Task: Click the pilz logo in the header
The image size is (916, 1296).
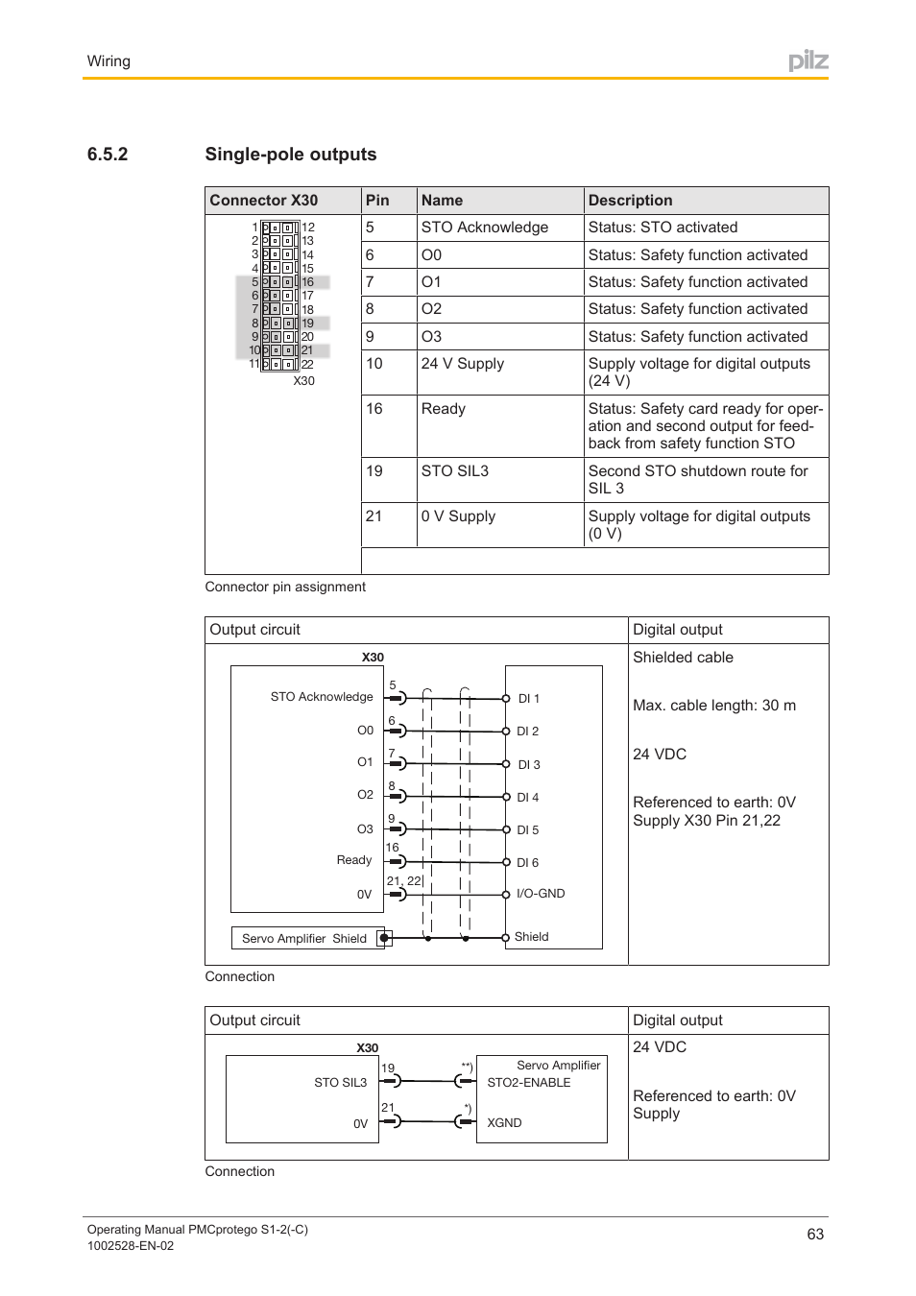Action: click(808, 61)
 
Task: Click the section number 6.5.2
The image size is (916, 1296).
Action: click(108, 155)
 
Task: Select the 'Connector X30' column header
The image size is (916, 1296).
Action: click(264, 201)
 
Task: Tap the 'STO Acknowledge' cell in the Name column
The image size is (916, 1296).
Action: click(485, 228)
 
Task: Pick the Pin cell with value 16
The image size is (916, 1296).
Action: click(374, 409)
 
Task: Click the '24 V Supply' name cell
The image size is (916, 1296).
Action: click(463, 364)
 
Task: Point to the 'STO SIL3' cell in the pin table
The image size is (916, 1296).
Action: click(455, 471)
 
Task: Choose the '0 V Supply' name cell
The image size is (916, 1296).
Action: click(458, 516)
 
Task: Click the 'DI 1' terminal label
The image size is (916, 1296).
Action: click(529, 699)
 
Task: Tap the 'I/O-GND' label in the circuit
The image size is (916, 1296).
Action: click(541, 894)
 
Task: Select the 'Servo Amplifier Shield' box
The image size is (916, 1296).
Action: click(304, 939)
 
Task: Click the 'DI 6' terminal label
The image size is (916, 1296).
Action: click(528, 863)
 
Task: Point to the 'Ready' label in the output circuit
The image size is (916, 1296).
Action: click(354, 860)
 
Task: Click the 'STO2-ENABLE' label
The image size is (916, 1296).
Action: click(529, 1083)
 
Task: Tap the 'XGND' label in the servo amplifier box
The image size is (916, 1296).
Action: click(504, 1123)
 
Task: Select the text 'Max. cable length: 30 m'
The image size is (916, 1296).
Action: click(714, 706)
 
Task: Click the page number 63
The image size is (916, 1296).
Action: click(815, 1235)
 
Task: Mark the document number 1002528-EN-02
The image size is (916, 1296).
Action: click(131, 1246)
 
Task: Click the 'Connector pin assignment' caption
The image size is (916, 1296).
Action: click(285, 588)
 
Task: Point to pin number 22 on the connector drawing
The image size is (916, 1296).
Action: click(307, 365)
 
